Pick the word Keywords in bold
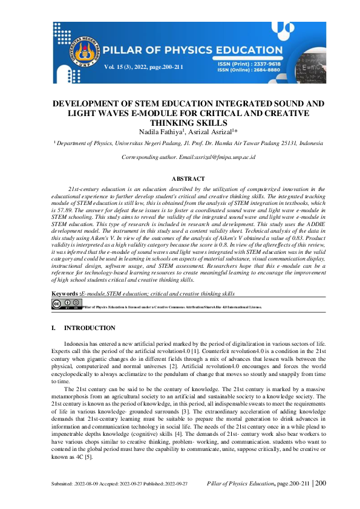click(64, 293)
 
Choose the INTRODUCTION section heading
click(90, 328)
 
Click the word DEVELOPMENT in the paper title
click(91, 104)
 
